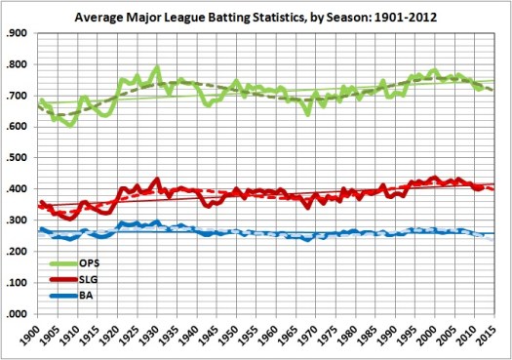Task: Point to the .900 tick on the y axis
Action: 19,33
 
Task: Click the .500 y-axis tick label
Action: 19,158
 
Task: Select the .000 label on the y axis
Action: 19,314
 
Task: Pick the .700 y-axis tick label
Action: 19,96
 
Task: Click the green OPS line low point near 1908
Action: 69,125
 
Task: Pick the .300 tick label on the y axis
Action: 19,220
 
